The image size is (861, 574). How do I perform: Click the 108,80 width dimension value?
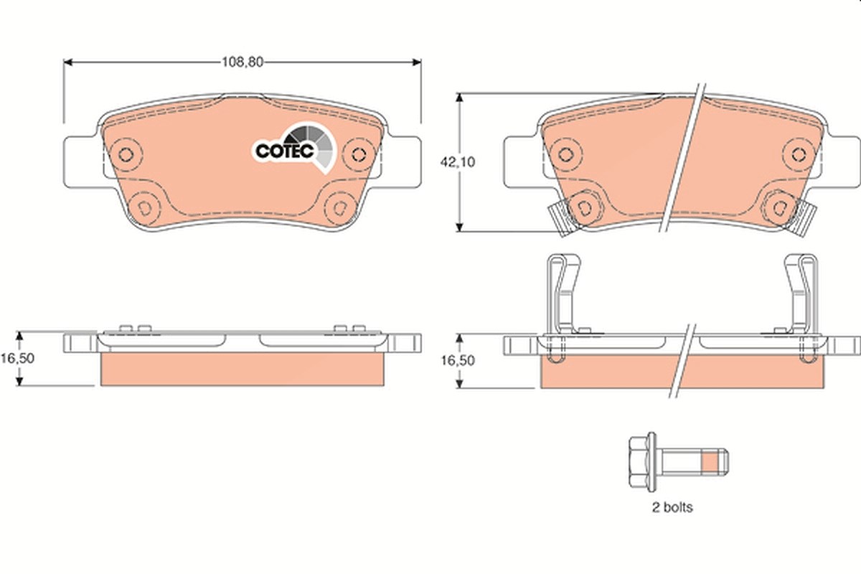pyautogui.click(x=243, y=62)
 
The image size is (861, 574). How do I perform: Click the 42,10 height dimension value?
pyautogui.click(x=458, y=162)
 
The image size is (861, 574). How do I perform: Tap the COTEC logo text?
pyautogui.click(x=285, y=151)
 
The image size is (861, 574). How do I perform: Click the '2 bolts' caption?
pyautogui.click(x=672, y=507)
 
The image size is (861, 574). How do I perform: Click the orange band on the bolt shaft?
pyautogui.click(x=710, y=462)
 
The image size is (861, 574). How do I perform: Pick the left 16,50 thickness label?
pyautogui.click(x=17, y=358)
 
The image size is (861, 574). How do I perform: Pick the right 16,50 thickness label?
pyautogui.click(x=458, y=360)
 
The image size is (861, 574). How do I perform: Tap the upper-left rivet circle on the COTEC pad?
pyautogui.click(x=126, y=154)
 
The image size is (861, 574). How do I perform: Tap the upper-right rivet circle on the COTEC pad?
pyautogui.click(x=359, y=154)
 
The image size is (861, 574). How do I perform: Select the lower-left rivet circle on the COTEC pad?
pyautogui.click(x=145, y=208)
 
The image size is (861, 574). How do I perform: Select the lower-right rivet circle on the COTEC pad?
pyautogui.click(x=340, y=208)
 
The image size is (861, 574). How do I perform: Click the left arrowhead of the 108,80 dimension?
pyautogui.click(x=67, y=62)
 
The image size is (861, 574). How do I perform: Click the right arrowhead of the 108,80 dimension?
pyautogui.click(x=417, y=62)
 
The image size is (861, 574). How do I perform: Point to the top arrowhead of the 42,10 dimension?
pyautogui.click(x=459, y=97)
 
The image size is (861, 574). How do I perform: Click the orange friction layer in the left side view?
pyautogui.click(x=243, y=369)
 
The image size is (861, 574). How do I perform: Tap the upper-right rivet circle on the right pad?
pyautogui.click(x=799, y=154)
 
